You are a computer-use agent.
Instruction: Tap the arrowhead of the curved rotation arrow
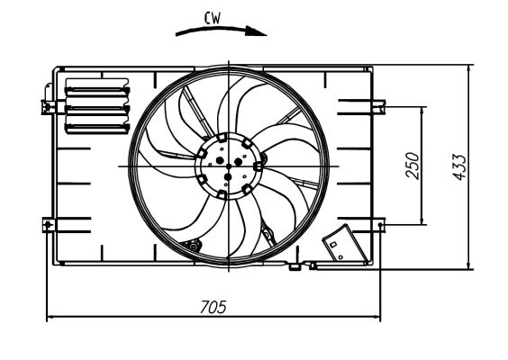(262, 31)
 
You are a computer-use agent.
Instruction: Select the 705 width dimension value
(212, 307)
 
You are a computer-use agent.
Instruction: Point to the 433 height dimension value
(459, 166)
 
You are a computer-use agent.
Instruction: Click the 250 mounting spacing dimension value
(413, 165)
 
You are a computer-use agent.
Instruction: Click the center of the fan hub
(230, 166)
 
